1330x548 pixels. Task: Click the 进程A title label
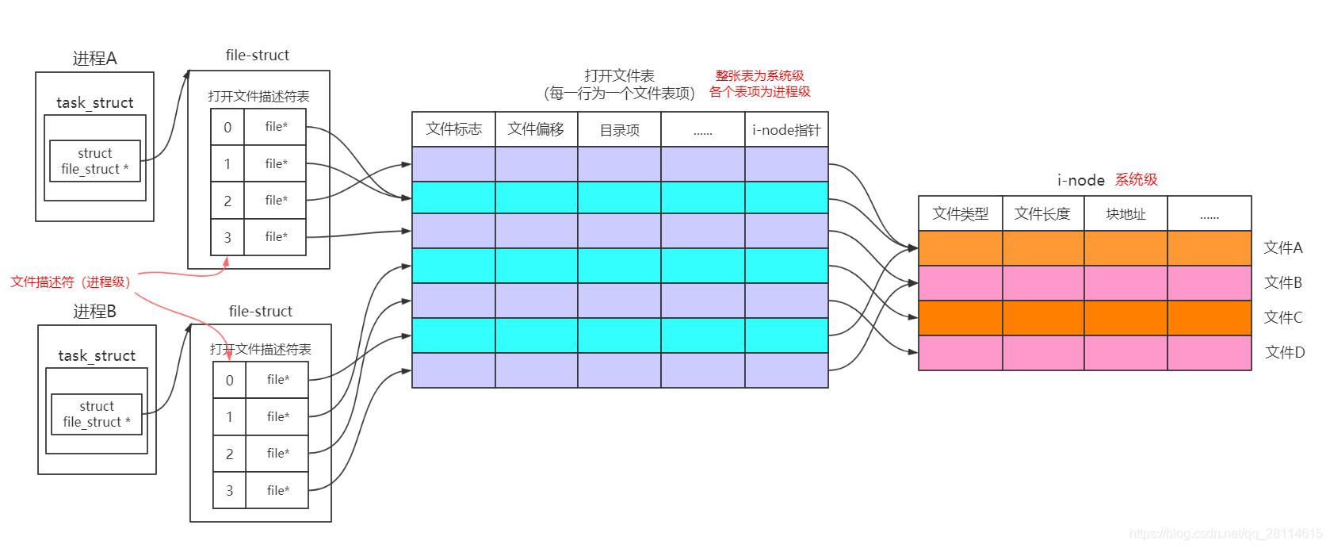(x=94, y=58)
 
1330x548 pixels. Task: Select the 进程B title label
(x=94, y=311)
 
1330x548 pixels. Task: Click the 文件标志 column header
(x=453, y=129)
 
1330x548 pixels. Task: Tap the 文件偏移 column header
(x=536, y=129)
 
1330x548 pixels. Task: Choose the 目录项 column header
(x=619, y=130)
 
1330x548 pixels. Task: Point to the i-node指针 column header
(x=786, y=130)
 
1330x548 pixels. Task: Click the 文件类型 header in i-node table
(x=960, y=213)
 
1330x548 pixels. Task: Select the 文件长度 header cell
(x=1042, y=213)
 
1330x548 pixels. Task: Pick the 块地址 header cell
(x=1126, y=214)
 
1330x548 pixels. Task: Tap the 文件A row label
(x=1283, y=247)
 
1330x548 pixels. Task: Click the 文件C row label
(x=1283, y=317)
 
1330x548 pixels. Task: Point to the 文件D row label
(x=1284, y=352)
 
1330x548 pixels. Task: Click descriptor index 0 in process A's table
(x=227, y=127)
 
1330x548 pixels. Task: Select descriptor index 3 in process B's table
(x=229, y=490)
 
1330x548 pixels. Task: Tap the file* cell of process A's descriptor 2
(x=276, y=200)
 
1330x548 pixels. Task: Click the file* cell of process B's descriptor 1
(x=277, y=416)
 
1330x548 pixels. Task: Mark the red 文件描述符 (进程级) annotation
(x=71, y=282)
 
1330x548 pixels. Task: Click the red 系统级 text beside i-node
(x=1136, y=179)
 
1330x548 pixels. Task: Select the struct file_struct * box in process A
(x=95, y=161)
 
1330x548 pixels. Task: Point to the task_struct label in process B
(x=97, y=355)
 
